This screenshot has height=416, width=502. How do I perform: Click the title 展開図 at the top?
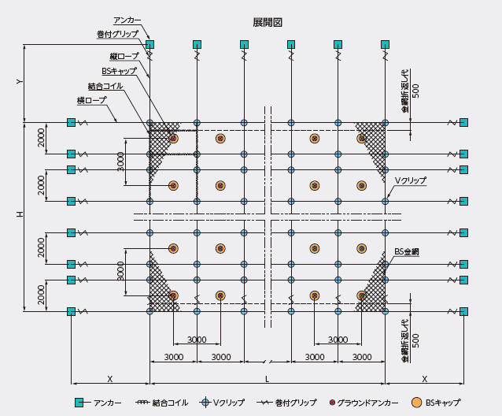coord(268,22)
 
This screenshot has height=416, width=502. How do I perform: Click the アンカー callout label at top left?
coord(127,20)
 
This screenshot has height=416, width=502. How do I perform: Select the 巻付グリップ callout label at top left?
coord(117,34)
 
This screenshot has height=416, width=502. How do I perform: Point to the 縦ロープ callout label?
coord(124,57)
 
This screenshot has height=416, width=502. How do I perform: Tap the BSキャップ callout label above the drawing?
coord(119,71)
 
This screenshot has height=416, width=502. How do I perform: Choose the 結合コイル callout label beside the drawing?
coord(105,86)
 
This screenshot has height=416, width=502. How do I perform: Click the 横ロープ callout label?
coord(91,100)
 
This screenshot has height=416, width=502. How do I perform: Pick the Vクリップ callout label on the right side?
coord(411,180)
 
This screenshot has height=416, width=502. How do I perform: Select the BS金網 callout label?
coord(407,252)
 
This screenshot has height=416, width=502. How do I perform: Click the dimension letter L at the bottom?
coord(267,379)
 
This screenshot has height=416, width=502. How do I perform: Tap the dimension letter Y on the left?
coord(20,82)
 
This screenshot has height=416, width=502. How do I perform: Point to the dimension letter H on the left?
coord(20,214)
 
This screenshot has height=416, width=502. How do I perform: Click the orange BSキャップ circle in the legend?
coord(416,403)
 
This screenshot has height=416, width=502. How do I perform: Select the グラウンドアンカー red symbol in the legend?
coord(332,403)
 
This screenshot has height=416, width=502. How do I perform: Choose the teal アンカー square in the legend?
coord(79,403)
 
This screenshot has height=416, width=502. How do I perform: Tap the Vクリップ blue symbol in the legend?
coord(205,403)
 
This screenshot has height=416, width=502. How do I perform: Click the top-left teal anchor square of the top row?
coord(149,45)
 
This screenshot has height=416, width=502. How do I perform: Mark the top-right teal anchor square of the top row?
coord(385,45)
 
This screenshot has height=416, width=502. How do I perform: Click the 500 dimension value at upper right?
coord(415,91)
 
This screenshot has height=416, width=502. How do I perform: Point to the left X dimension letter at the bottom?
coord(110,379)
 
